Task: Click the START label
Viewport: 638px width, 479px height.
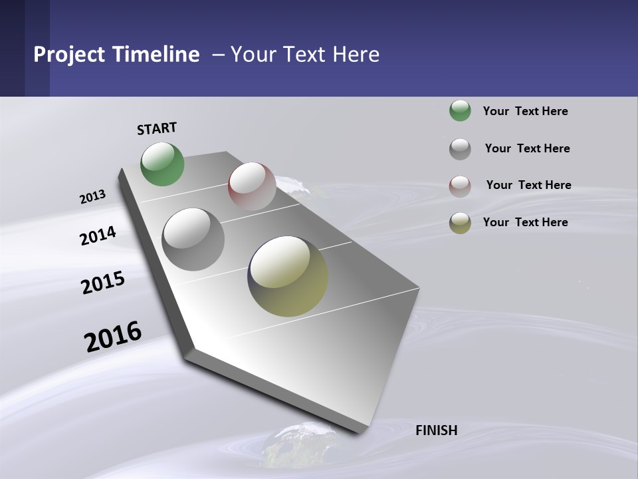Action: coord(157,128)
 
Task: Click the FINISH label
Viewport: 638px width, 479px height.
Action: coord(437,430)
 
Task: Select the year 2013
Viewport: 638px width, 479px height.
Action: coord(93,197)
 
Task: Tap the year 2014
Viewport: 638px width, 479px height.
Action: coord(98,236)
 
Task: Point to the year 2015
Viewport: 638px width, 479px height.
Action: coord(103,283)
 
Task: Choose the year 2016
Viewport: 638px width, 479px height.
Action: coord(113,337)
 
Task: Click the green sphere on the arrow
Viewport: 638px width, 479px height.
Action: coord(163,164)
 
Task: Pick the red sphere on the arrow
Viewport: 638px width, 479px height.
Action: coord(252,186)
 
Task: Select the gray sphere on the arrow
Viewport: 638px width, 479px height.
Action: coord(193,239)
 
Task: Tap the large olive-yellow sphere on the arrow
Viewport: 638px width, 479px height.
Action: coord(288,276)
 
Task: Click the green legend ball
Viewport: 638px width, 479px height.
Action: coord(460,111)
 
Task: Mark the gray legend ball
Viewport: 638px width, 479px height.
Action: coord(460,149)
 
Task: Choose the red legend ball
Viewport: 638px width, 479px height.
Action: coord(460,186)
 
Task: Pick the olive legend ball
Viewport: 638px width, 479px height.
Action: coord(460,223)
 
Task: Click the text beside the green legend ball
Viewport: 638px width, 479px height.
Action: coord(525,112)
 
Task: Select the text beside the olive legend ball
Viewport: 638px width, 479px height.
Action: coord(525,222)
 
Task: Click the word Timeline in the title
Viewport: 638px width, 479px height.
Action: coord(157,55)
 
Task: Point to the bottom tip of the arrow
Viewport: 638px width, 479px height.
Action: coord(360,431)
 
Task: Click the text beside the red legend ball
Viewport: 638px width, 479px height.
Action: coord(528,185)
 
